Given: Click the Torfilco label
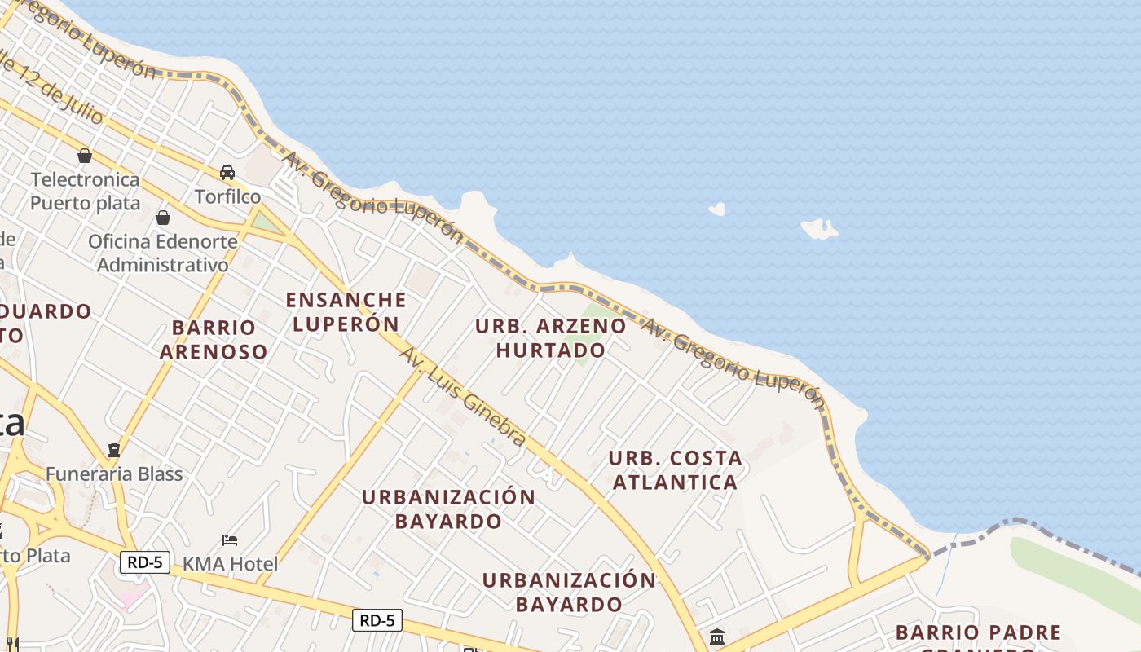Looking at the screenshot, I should click(227, 196).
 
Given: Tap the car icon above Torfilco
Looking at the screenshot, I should click(227, 173).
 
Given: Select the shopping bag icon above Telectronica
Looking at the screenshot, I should click(85, 155).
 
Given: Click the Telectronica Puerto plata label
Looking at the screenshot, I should click(85, 191).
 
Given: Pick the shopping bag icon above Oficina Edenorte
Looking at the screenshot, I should click(163, 218).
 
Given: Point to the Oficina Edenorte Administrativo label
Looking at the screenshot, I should click(163, 253).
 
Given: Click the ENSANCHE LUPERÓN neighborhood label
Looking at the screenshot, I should click(346, 311).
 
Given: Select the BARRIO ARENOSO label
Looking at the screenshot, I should click(214, 339).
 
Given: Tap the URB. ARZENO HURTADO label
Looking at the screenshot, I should click(551, 337).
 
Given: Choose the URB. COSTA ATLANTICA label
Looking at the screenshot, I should click(675, 469).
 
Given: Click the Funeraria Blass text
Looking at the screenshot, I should click(114, 474).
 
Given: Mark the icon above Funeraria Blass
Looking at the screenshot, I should click(114, 450).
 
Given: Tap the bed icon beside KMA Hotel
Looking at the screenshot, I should click(230, 540).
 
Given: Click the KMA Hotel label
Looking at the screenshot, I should click(230, 563).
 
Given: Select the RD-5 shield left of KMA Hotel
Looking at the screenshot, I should click(144, 562).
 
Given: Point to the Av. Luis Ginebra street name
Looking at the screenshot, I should click(462, 397).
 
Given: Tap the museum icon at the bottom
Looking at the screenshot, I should click(717, 637).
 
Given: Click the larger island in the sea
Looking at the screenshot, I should click(819, 228).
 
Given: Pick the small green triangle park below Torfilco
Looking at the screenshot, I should click(265, 221).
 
